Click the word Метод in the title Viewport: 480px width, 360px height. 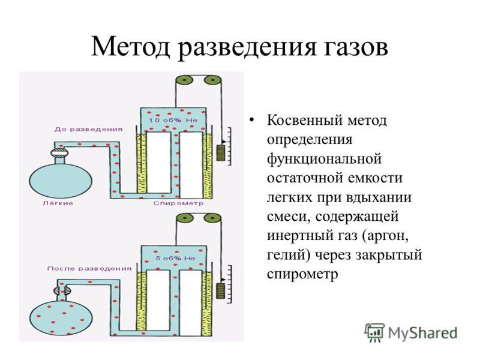131,47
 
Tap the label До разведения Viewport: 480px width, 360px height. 88,130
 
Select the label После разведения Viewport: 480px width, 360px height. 89,269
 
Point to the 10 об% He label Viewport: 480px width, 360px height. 173,121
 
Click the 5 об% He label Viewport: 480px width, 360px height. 175,259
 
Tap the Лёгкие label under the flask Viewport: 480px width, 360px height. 58,203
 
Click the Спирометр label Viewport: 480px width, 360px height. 178,203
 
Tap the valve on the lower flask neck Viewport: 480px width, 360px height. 62,291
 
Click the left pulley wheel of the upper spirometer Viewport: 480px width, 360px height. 184,81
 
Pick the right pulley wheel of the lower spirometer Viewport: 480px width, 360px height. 213,218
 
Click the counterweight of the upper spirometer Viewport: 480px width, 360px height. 221,153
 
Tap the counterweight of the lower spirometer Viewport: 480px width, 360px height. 220,290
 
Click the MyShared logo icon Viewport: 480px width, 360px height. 374,332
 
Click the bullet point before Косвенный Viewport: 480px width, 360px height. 251,119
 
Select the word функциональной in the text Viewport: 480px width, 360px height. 324,159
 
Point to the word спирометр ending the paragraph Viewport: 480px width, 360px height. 302,274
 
